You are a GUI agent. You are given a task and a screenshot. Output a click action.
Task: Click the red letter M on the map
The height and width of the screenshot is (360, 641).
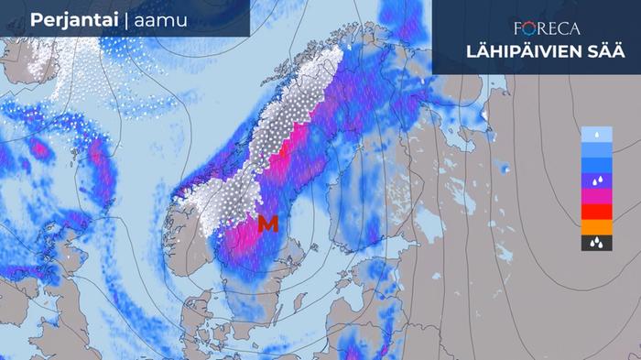(268, 223)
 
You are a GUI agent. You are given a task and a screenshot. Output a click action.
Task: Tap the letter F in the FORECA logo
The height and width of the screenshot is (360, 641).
(519, 28)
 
